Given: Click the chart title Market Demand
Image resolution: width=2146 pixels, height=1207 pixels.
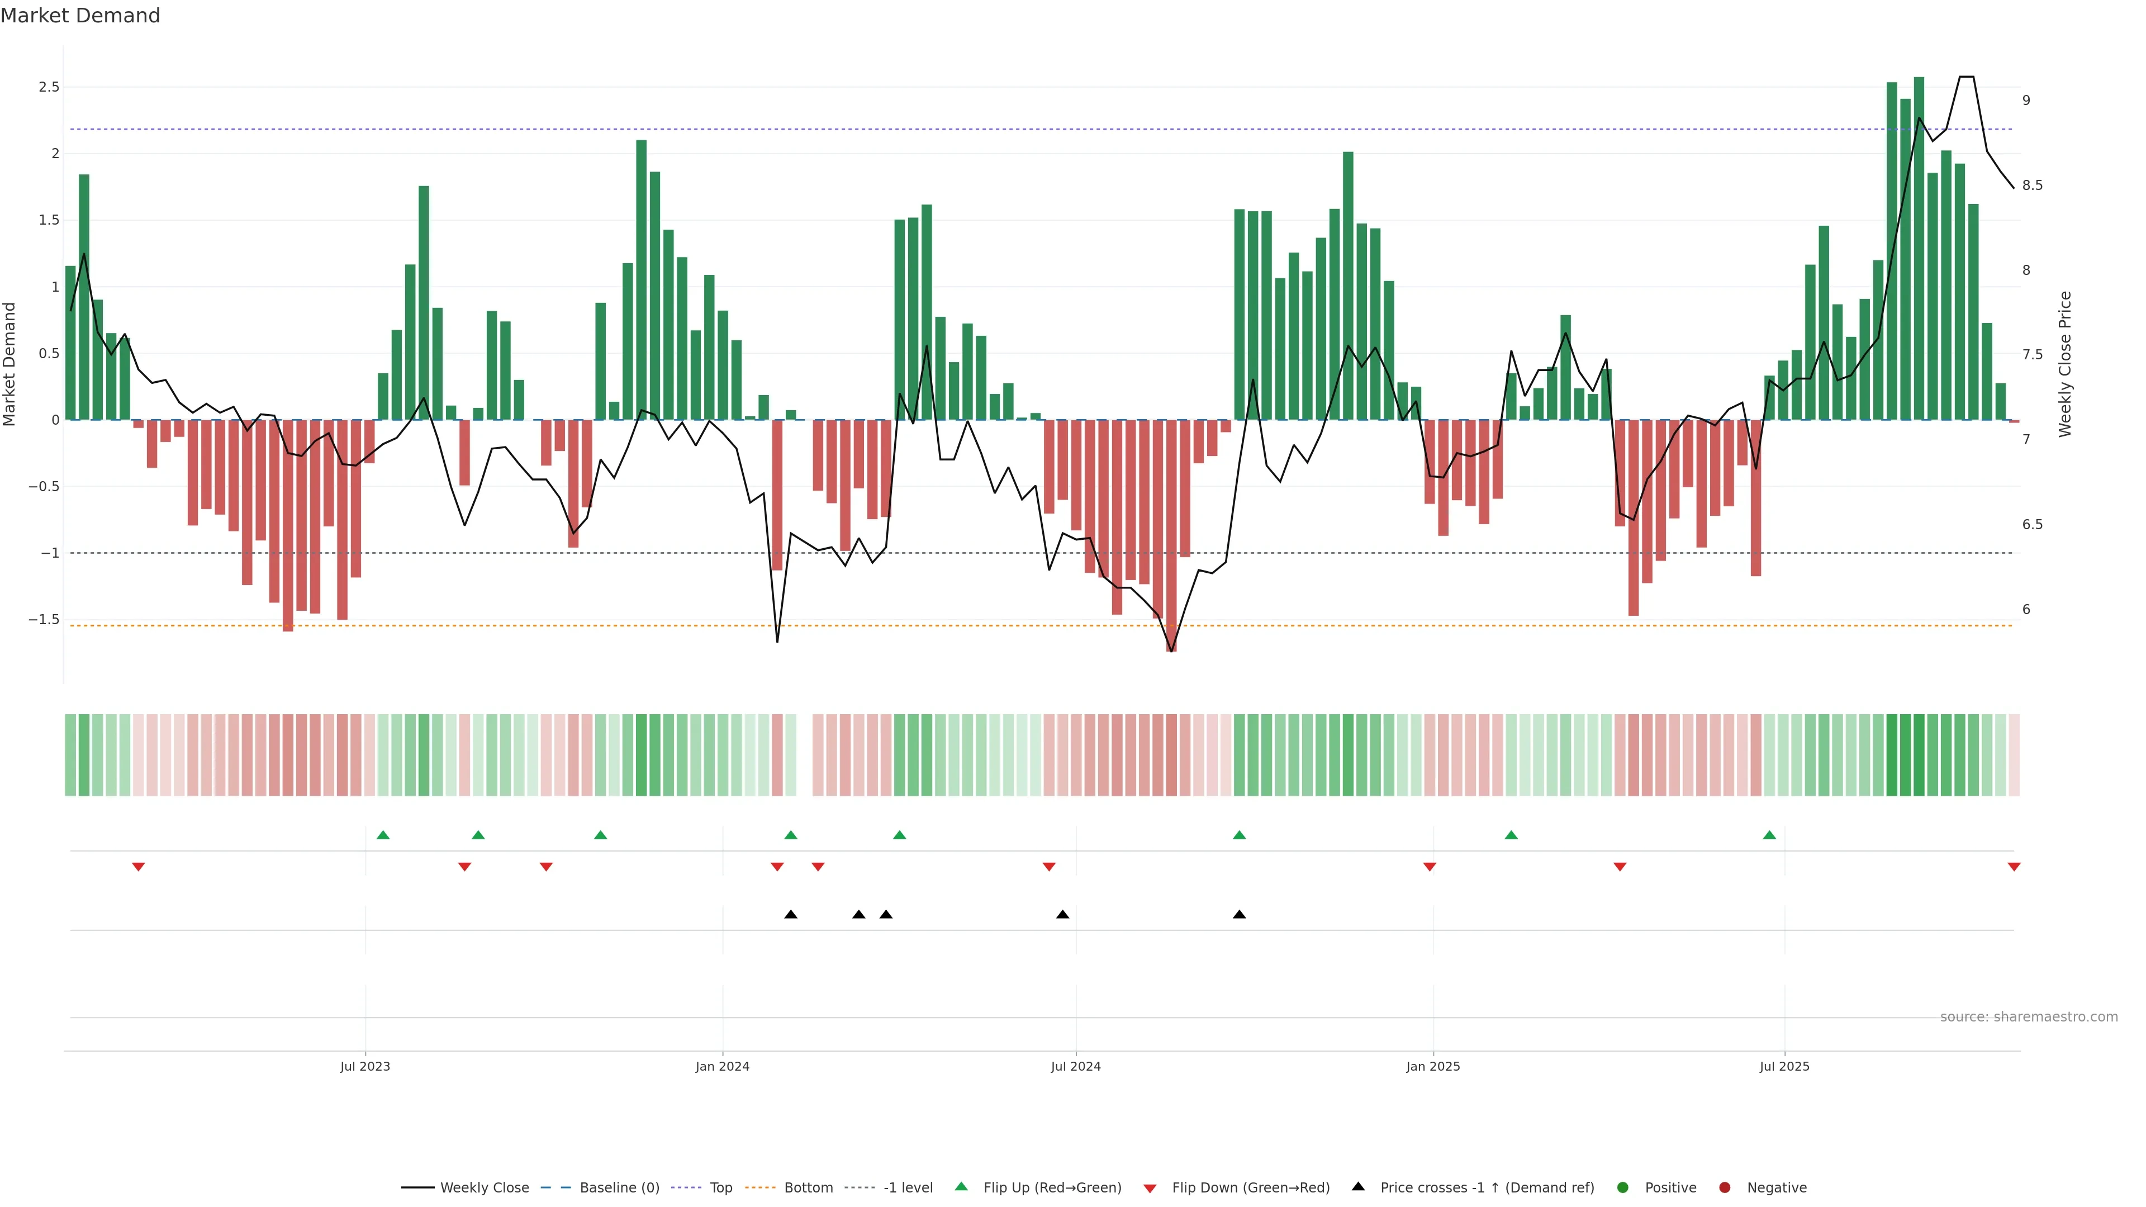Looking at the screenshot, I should [x=80, y=16].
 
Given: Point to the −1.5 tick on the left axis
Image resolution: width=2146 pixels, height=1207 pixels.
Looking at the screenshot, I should [x=44, y=620].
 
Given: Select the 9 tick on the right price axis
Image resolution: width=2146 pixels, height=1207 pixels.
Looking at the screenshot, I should [x=2026, y=101].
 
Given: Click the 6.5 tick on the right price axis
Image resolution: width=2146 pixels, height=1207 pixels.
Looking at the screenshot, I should [x=2032, y=525].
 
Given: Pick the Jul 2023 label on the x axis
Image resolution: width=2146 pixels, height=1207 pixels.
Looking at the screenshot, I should [x=365, y=1066].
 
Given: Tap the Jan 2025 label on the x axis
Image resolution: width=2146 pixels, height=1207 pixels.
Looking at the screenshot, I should [x=1433, y=1066].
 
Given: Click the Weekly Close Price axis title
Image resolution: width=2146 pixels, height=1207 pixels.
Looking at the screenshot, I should [x=2064, y=364].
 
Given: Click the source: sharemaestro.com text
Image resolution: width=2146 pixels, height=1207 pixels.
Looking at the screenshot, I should [x=2029, y=1017].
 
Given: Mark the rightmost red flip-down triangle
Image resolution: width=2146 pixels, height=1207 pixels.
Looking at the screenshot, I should [x=2014, y=867].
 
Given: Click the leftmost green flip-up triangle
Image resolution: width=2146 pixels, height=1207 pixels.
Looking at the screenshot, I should [x=383, y=835].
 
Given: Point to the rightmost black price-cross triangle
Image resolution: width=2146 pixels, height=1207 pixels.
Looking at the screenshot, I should [x=1240, y=915].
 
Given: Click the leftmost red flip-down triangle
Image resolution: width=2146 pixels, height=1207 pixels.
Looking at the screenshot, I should [x=138, y=867].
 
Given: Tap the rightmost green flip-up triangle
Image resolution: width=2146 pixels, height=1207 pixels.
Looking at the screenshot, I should [x=1769, y=835].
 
